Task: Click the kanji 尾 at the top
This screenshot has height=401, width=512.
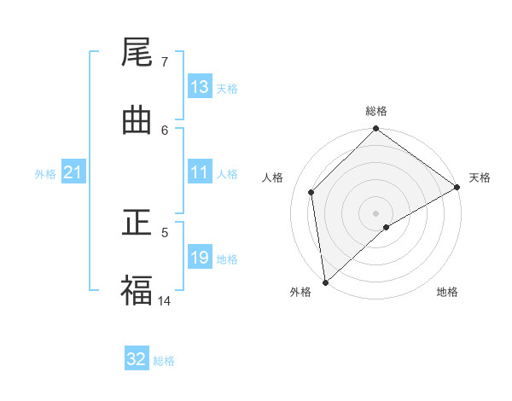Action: [137, 54]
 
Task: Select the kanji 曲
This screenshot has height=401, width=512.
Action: [137, 121]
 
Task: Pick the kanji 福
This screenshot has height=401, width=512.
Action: [137, 291]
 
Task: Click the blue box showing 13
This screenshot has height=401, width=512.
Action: [200, 87]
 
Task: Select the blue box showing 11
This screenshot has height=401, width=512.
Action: [200, 172]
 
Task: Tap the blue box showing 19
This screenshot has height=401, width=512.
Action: [200, 258]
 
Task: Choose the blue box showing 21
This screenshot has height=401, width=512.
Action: [73, 173]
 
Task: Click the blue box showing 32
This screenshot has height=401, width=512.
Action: [137, 359]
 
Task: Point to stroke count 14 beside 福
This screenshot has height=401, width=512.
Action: [165, 300]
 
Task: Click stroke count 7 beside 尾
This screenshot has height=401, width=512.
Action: [164, 62]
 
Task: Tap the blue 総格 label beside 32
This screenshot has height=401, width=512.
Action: [165, 361]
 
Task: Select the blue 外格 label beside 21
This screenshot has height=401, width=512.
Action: [45, 174]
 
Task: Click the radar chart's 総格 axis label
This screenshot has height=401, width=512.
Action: [376, 111]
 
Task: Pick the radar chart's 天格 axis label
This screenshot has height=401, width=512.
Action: [480, 177]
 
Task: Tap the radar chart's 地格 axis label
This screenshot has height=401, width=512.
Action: [447, 292]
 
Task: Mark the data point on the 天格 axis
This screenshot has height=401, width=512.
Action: [457, 187]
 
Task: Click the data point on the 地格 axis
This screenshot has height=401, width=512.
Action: [387, 227]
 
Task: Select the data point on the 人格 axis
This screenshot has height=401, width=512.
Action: [311, 192]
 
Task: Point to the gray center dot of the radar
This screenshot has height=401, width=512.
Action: [376, 212]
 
